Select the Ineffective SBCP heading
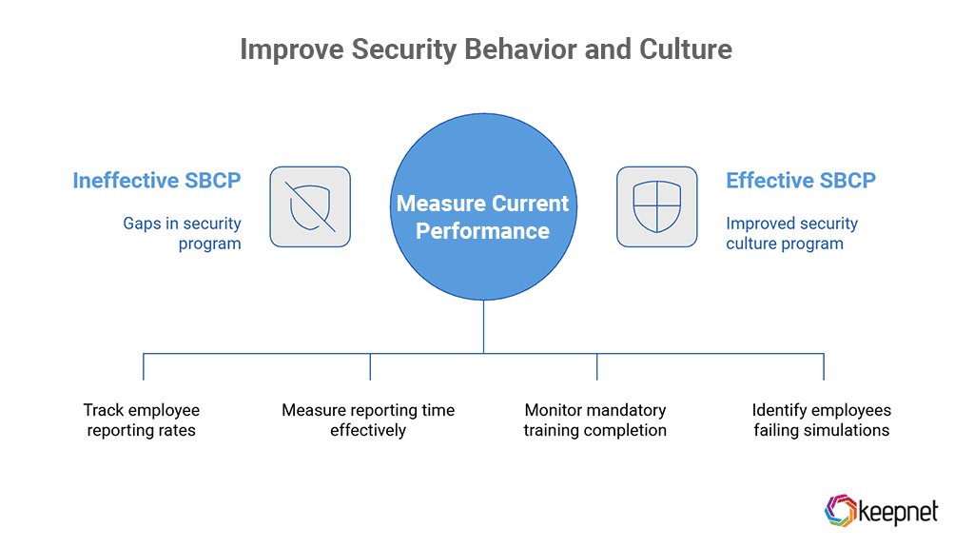(x=157, y=181)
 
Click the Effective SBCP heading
(x=801, y=181)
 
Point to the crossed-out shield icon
(x=310, y=207)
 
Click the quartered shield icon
(x=657, y=207)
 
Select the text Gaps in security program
(x=183, y=234)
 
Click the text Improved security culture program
(x=791, y=234)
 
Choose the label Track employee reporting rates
(x=142, y=420)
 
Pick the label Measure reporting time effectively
(x=368, y=420)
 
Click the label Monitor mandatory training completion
(x=595, y=420)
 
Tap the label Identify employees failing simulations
(x=822, y=420)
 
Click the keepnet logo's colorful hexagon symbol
(x=838, y=510)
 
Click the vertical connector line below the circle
(x=483, y=326)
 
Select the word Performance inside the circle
(x=483, y=231)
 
